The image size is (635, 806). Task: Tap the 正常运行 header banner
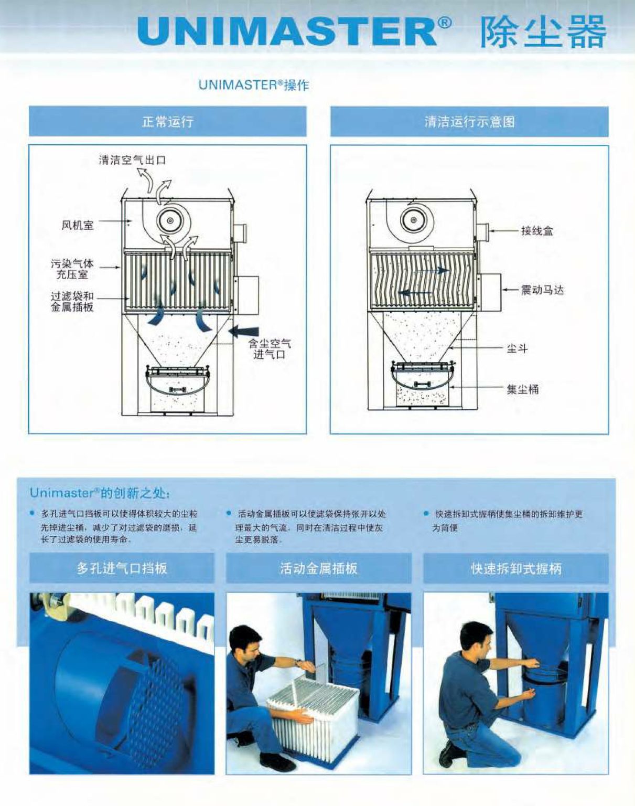(167, 121)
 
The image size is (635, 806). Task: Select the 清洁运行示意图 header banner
(469, 122)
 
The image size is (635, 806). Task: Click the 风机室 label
(78, 225)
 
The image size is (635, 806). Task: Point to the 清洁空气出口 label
(132, 160)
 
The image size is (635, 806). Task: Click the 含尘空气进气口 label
(270, 349)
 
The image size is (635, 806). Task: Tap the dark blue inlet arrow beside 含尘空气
(245, 332)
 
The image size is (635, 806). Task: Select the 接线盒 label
(537, 231)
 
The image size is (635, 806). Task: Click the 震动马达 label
(542, 290)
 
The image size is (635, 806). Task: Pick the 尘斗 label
(517, 349)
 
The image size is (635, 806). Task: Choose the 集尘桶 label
(523, 389)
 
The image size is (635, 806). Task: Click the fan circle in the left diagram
(171, 220)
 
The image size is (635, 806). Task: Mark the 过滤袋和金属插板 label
(72, 302)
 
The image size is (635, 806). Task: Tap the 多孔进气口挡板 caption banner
(122, 568)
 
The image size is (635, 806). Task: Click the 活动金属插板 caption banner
(319, 568)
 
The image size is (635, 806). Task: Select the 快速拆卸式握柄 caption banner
(516, 568)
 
